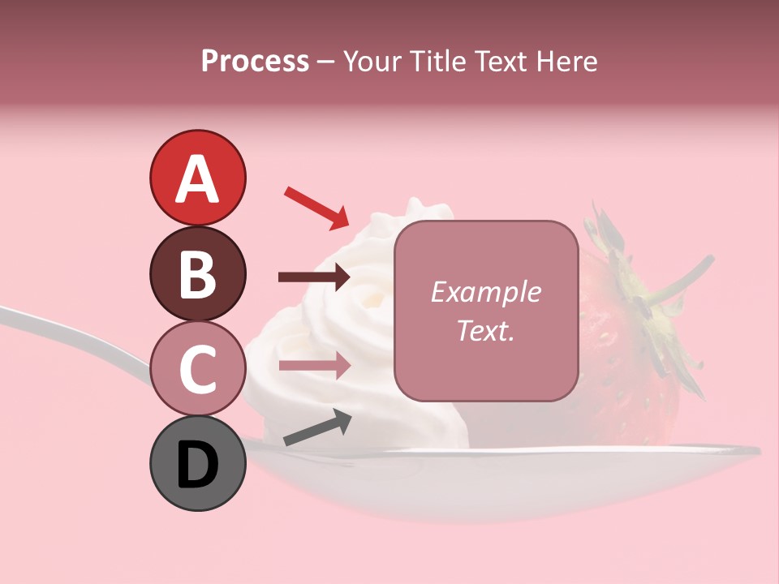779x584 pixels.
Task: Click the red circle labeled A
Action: pyautogui.click(x=197, y=178)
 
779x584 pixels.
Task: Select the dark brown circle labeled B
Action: pyautogui.click(x=197, y=273)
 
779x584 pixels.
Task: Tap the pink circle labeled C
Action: pyautogui.click(x=197, y=368)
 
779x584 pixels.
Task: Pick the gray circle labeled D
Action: pyautogui.click(x=197, y=463)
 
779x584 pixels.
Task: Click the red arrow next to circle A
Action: pyautogui.click(x=316, y=207)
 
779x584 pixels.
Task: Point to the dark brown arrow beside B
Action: pyautogui.click(x=314, y=277)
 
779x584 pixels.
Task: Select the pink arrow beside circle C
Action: pyautogui.click(x=314, y=366)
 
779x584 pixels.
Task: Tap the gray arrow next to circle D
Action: pyautogui.click(x=317, y=427)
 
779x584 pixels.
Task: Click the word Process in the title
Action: pyautogui.click(x=255, y=61)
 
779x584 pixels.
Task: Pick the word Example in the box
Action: pyautogui.click(x=486, y=292)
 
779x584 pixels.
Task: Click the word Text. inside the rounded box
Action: pyautogui.click(x=486, y=330)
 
